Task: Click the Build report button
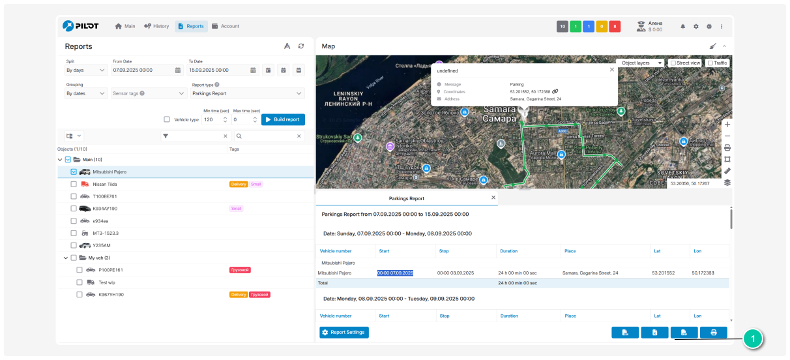[283, 119]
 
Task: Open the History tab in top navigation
[156, 26]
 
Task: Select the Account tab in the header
[226, 26]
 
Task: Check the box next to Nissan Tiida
[74, 185]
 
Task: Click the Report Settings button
[344, 333]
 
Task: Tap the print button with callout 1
[713, 333]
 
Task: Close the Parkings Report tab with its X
[493, 198]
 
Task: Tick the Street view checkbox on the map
[673, 63]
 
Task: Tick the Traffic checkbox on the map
[710, 63]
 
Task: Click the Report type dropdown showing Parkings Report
[247, 94]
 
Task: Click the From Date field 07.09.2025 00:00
[142, 70]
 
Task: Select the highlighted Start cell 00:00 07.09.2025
[395, 273]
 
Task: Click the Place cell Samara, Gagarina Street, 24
[591, 273]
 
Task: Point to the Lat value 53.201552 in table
[664, 273]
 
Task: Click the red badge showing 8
[614, 27]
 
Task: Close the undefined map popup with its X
[611, 69]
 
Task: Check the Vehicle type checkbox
[167, 119]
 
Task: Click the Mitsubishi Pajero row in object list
[110, 172]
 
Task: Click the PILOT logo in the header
[81, 26]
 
